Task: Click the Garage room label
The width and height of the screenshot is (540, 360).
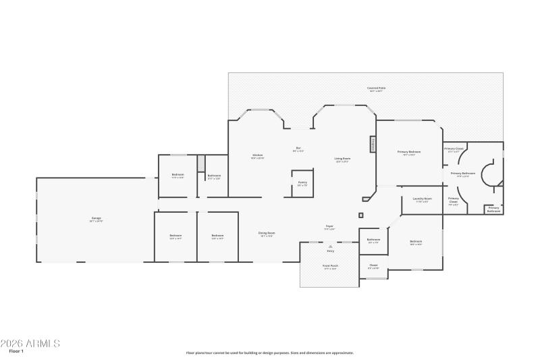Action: point(97,218)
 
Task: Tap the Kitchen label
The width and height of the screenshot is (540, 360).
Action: point(258,155)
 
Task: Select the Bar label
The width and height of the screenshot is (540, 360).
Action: point(298,149)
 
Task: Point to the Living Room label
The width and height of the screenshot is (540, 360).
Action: point(342,159)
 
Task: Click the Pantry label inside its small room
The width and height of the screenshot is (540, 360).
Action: point(302,182)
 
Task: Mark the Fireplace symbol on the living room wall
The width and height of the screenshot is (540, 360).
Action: point(371,145)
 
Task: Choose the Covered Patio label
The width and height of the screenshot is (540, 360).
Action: point(376,88)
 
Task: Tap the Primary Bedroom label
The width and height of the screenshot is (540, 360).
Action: point(409,152)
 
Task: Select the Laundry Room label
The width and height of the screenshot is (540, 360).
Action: point(422,199)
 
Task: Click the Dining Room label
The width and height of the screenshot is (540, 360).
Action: point(267,233)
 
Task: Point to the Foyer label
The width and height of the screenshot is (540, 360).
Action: point(329,226)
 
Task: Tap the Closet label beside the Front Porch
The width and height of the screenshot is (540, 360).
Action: point(373,265)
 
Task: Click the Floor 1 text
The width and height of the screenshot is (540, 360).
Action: point(16,351)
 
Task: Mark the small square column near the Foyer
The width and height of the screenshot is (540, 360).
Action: point(361,215)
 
